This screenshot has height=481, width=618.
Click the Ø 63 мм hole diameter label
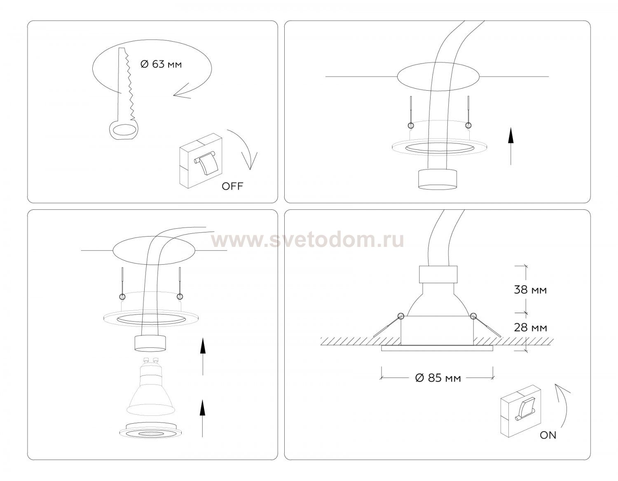pyautogui.click(x=161, y=64)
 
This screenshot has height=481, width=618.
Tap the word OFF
pyautogui.click(x=232, y=186)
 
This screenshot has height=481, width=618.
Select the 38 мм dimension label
pyautogui.click(x=530, y=290)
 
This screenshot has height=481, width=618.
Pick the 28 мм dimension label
pyautogui.click(x=530, y=328)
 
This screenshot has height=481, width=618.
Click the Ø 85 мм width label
pyautogui.click(x=438, y=378)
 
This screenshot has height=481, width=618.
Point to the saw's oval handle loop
pyautogui.click(x=124, y=131)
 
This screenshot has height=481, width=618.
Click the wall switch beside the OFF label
pyautogui.click(x=201, y=161)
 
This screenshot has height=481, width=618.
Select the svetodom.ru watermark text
pyautogui.click(x=307, y=240)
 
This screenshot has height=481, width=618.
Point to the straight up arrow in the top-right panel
pyautogui.click(x=511, y=146)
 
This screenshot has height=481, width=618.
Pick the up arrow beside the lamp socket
pyautogui.click(x=202, y=357)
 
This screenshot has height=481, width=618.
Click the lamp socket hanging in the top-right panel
pyautogui.click(x=438, y=179)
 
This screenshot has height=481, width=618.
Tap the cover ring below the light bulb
pyautogui.click(x=151, y=430)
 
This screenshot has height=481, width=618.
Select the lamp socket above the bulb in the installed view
pyautogui.click(x=438, y=275)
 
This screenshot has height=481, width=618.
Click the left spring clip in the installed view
pyautogui.click(x=387, y=326)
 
